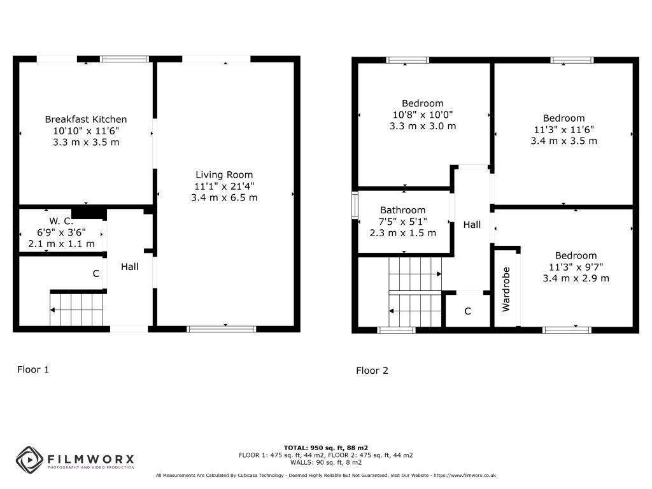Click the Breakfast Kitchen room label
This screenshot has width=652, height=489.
(x=86, y=119)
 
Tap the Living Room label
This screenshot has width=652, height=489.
(x=224, y=175)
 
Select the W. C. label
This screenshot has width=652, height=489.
(x=61, y=221)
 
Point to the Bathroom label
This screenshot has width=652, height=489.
(x=402, y=210)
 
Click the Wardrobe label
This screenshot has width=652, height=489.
(x=506, y=290)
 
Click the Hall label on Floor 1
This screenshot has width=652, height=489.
(x=130, y=267)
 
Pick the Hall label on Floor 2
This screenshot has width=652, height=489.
(x=472, y=225)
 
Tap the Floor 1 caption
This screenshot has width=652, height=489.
(x=33, y=370)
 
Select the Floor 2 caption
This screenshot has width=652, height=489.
(x=372, y=371)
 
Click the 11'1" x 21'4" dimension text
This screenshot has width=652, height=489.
(x=224, y=187)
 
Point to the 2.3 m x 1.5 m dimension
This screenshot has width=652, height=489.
(x=402, y=233)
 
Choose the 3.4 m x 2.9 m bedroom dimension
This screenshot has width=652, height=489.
(x=576, y=279)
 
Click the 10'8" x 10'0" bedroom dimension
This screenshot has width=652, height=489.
(x=423, y=115)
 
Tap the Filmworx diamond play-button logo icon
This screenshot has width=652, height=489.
(x=29, y=460)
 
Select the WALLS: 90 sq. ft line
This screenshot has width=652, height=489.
(x=325, y=462)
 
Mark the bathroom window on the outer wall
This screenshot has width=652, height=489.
(x=355, y=205)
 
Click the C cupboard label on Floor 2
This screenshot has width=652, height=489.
(x=467, y=311)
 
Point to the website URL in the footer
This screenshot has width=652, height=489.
(x=464, y=475)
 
